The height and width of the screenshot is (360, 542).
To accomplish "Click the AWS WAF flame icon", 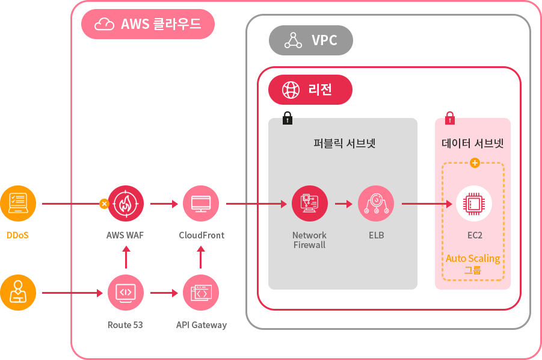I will click(x=126, y=203).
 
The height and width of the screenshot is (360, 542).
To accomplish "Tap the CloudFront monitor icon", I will click(x=201, y=203).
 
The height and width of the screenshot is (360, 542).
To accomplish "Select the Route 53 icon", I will click(x=126, y=293).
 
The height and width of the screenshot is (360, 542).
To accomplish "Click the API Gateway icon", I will click(x=201, y=293).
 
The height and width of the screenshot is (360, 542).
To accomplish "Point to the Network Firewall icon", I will click(x=309, y=203).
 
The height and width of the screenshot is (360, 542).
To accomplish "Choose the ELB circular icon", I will click(x=376, y=203).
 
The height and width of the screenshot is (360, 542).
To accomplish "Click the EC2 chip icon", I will click(x=474, y=203).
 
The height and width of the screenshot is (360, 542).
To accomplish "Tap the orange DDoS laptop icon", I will click(x=18, y=203).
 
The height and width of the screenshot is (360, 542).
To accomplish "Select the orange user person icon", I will click(x=18, y=293).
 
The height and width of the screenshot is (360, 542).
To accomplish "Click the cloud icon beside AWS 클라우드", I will click(x=105, y=24).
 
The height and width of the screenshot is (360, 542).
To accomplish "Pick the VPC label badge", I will click(x=310, y=40).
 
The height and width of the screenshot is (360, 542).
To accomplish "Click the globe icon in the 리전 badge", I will click(x=291, y=90).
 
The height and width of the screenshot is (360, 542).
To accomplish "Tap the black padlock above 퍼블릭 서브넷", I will click(x=288, y=118).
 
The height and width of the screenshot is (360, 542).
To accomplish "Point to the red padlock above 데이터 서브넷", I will click(x=450, y=118).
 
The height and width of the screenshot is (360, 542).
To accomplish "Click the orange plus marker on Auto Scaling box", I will click(x=475, y=163).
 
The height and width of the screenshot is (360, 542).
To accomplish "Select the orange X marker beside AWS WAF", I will click(x=104, y=203).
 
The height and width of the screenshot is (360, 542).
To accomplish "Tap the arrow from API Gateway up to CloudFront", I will click(x=201, y=258).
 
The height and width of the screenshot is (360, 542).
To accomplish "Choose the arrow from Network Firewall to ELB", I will click(x=343, y=203).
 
